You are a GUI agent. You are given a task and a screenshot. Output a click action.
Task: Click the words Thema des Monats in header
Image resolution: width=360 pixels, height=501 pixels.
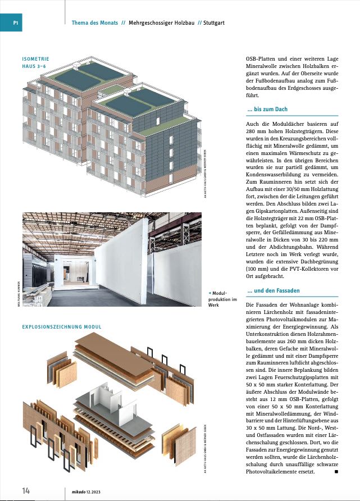95,23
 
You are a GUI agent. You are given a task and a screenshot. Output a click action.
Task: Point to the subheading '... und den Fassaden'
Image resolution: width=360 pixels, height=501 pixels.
274,290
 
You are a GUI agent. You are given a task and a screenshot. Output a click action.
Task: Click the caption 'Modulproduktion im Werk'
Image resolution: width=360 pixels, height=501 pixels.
220,299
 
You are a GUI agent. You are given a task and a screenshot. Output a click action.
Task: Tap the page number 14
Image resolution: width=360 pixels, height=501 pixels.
26,490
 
